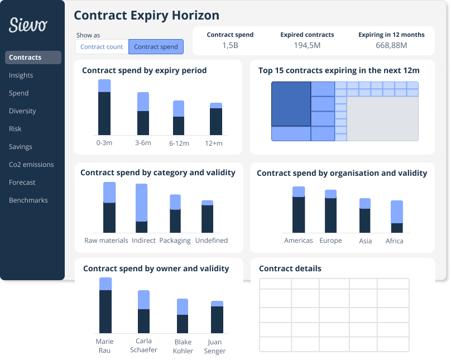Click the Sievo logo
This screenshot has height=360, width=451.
[28, 25]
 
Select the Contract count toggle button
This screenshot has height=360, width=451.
[102, 47]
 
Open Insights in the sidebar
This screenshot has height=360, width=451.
[21, 75]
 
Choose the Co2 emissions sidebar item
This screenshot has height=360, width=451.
[31, 165]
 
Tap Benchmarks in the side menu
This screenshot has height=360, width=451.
[28, 200]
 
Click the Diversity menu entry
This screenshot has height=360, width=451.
[22, 111]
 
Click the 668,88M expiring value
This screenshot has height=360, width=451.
[391, 45]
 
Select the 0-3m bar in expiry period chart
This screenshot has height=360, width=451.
[104, 107]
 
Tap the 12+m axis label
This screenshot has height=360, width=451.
[213, 143]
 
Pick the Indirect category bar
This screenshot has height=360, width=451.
[141, 208]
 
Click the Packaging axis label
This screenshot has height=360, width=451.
[175, 241]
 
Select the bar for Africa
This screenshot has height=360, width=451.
[397, 217]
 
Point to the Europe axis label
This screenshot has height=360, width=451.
[330, 241]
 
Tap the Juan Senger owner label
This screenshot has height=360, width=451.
[214, 347]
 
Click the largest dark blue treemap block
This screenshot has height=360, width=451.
[291, 104]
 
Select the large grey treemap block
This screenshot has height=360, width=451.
[382, 119]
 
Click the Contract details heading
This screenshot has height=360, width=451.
[290, 268]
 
